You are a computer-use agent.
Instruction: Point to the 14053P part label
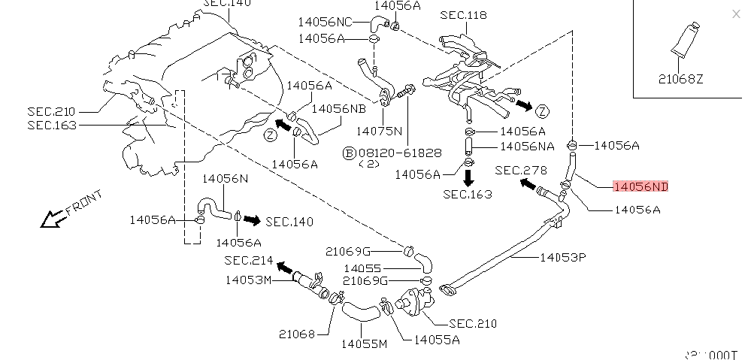[562, 257]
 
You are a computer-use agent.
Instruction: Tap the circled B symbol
[349, 153]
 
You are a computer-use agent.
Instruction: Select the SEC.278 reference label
[521, 171]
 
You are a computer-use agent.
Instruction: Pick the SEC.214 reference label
[249, 260]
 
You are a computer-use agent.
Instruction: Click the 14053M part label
[247, 280]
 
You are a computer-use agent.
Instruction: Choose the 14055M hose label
[363, 344]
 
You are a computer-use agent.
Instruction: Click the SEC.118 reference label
[463, 15]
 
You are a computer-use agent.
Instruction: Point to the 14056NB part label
[338, 108]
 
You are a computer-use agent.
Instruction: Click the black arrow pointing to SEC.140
[253, 220]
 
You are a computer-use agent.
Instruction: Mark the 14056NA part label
[527, 146]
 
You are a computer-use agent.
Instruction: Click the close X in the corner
[736, 14]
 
